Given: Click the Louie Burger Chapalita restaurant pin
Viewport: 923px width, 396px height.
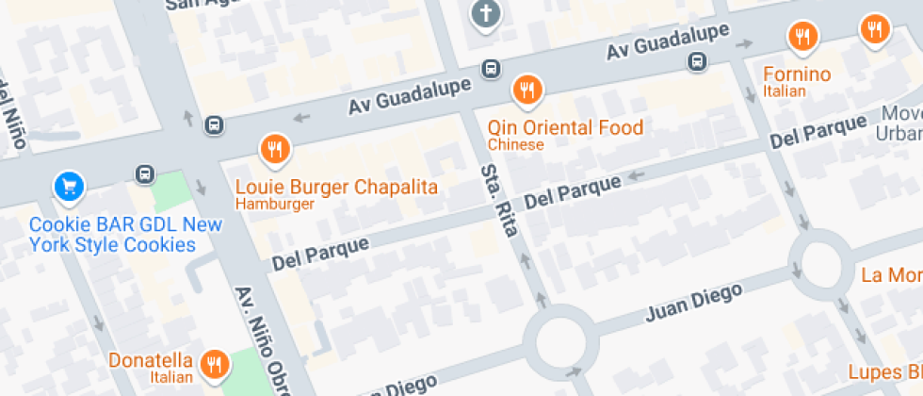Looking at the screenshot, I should pos(275,149).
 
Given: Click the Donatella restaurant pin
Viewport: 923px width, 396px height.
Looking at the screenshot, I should pos(216,363).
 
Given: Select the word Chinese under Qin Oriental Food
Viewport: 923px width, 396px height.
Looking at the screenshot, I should pos(515,145).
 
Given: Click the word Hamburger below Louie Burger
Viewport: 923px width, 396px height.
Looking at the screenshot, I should pos(273,204).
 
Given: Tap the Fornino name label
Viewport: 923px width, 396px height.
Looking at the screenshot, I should pos(796,74).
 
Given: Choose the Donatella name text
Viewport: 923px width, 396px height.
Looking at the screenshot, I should pos(151,360).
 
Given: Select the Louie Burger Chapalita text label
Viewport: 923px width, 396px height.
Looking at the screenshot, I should pos(336,187).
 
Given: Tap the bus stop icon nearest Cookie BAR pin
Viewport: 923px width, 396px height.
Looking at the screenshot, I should pos(145,174).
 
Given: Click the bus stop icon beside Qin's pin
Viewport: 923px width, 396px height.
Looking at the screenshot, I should pos(491,69).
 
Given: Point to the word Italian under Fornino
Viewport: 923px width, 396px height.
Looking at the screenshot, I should pos(785,91).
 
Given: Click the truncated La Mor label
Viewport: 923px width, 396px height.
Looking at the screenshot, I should pos(891,275).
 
